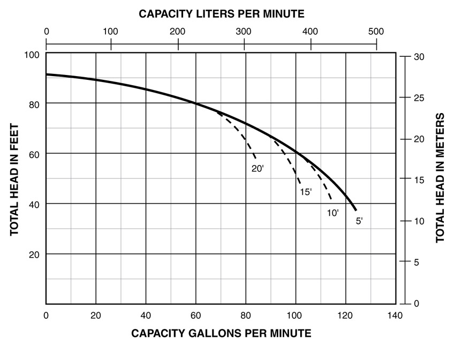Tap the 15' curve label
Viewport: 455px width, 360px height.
coord(306,192)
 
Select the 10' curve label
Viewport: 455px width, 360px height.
coord(333,213)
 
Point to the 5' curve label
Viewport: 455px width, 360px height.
coord(360,220)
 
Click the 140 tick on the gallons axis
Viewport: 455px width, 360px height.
coord(395,314)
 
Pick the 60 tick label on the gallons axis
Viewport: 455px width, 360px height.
coord(196,314)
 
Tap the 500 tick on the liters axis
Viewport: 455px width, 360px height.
coord(376,31)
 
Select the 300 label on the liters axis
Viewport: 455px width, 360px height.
coord(244,31)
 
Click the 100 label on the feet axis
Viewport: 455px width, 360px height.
coord(33,55)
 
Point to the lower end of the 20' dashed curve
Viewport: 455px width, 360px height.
coord(255,159)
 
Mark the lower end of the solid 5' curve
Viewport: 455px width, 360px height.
coord(355,210)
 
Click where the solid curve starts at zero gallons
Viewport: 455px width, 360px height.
coord(47,74)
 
